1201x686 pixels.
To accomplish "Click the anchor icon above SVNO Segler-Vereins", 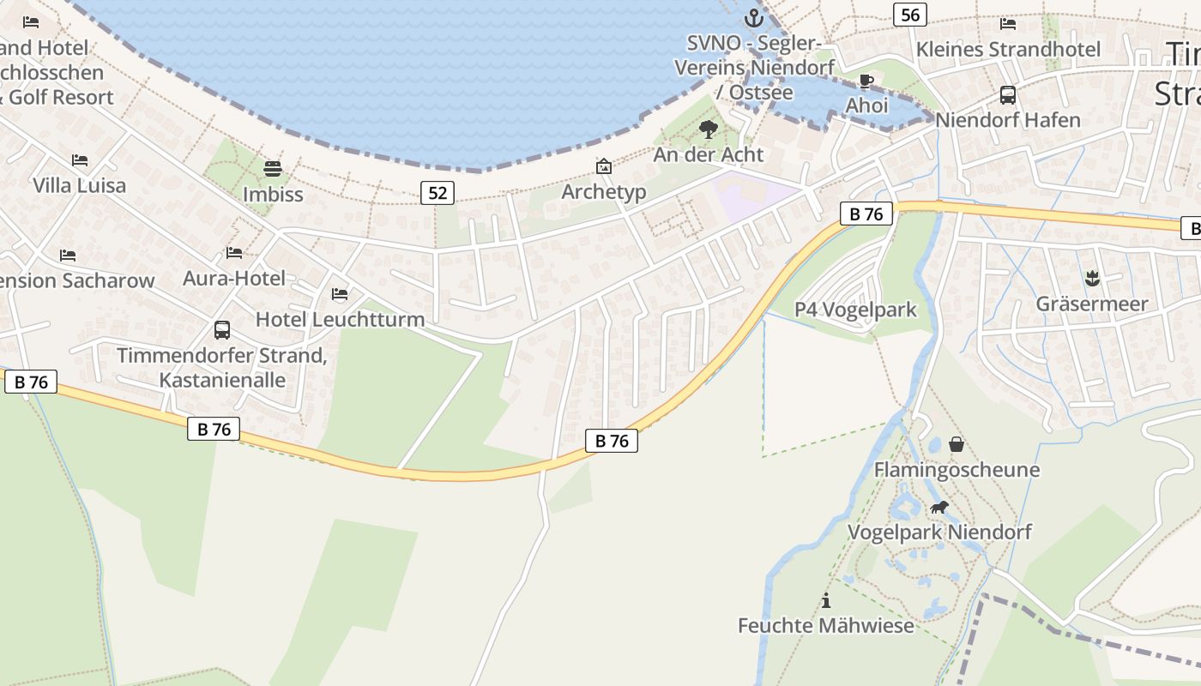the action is click(753, 17).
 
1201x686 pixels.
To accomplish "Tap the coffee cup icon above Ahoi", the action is click(866, 81).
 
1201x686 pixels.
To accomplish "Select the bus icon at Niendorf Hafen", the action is click(1008, 95).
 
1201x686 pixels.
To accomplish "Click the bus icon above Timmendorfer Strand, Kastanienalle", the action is click(221, 330).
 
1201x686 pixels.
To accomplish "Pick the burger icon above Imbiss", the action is click(273, 168).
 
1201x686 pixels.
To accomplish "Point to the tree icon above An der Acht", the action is click(709, 129).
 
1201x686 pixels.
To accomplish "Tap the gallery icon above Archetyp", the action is click(604, 166).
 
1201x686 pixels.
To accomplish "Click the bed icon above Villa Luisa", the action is click(80, 160).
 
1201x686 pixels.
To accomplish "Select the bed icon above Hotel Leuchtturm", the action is click(340, 294).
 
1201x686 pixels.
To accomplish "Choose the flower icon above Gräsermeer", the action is click(1091, 278).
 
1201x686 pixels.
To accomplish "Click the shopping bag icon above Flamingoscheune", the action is click(957, 444).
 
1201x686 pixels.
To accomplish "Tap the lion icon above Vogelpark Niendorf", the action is click(939, 507).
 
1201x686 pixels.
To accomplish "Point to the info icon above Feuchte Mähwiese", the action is click(826, 600).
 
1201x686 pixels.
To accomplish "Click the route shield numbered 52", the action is click(438, 193).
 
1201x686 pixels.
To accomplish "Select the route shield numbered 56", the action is click(910, 15).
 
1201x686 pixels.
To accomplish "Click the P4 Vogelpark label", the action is click(855, 310).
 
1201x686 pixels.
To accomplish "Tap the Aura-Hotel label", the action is click(234, 278).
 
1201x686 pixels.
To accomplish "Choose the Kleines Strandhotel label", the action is click(1008, 49).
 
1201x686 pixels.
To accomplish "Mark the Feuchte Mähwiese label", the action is click(826, 625).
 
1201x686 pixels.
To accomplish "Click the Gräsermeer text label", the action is click(1091, 304).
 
